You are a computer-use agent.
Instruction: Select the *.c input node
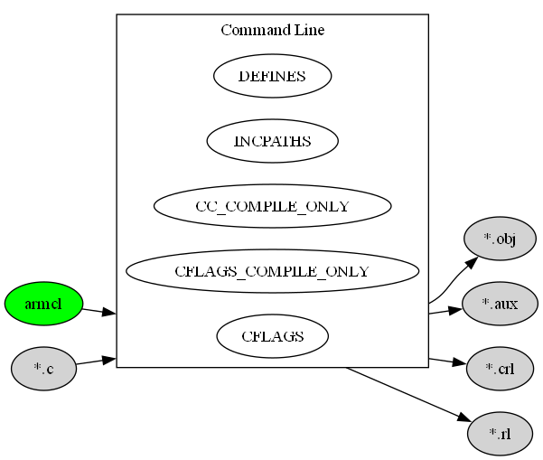[43, 369]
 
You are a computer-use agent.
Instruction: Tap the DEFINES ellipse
[272, 77]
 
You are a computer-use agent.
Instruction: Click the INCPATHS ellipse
[272, 141]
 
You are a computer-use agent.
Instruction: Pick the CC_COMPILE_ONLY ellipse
[272, 206]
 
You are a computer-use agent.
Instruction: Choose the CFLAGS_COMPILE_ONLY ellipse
[272, 271]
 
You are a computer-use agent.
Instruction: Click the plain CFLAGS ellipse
[272, 336]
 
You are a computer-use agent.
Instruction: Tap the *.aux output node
[499, 304]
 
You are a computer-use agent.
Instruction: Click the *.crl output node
[499, 369]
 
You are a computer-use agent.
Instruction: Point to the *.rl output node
[499, 434]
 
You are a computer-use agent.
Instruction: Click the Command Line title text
[272, 31]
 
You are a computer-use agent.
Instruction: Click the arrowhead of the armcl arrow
[109, 313]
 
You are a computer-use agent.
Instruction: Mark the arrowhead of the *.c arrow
[109, 360]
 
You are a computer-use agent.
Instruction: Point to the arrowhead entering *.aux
[456, 309]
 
